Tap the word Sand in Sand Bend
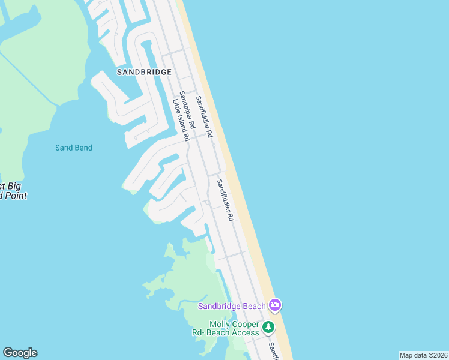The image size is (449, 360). (x=64, y=148)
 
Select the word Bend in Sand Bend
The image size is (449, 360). (x=83, y=148)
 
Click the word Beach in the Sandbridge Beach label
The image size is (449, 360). (x=254, y=306)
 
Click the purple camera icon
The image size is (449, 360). (x=275, y=305)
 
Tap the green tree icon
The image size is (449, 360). (x=268, y=328)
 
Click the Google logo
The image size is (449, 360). (x=20, y=353)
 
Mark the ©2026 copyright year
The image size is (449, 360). (x=438, y=355)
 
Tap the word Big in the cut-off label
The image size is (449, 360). (x=14, y=187)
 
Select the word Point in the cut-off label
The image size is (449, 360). (x=15, y=196)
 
